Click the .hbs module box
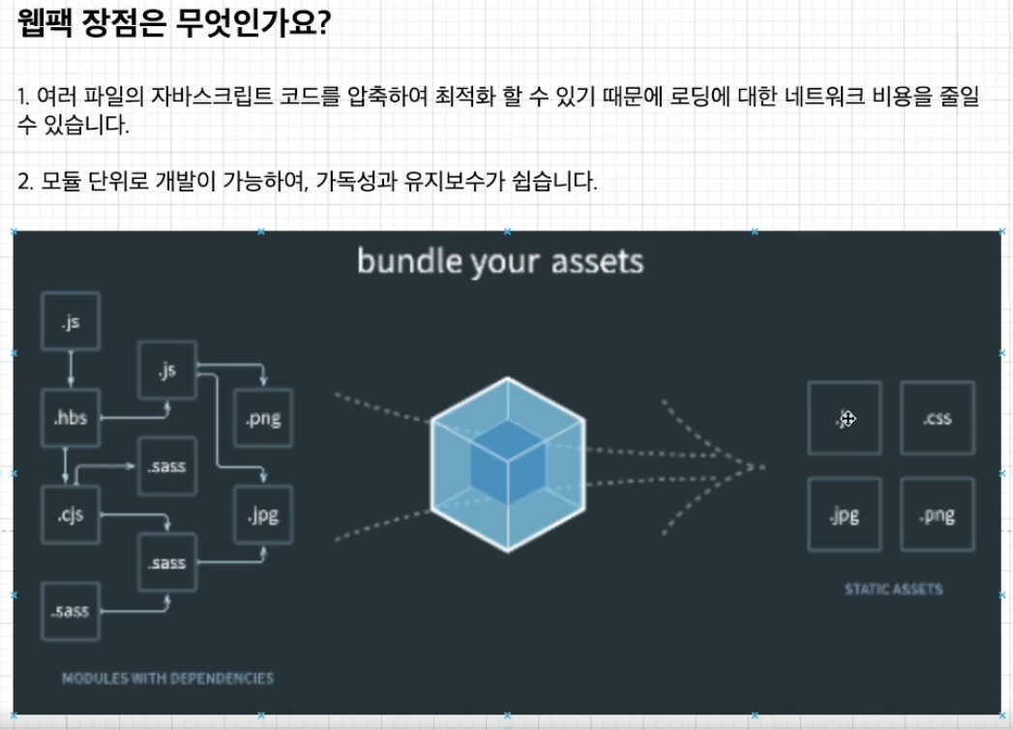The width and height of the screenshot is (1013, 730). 71,419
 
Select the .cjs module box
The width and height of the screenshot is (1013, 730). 71,514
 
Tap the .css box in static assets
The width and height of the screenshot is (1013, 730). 938,419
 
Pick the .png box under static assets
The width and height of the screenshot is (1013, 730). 938,514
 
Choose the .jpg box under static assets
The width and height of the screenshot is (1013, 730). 845,514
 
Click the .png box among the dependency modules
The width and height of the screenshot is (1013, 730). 263,419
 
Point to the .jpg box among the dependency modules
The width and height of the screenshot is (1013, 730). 263,514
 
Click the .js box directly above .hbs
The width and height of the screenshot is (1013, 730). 71,321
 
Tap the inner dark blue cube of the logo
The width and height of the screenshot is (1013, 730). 507,461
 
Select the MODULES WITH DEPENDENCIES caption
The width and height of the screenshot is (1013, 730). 167,678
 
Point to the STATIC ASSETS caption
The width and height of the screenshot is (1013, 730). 893,589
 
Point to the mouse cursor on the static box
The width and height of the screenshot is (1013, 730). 848,419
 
